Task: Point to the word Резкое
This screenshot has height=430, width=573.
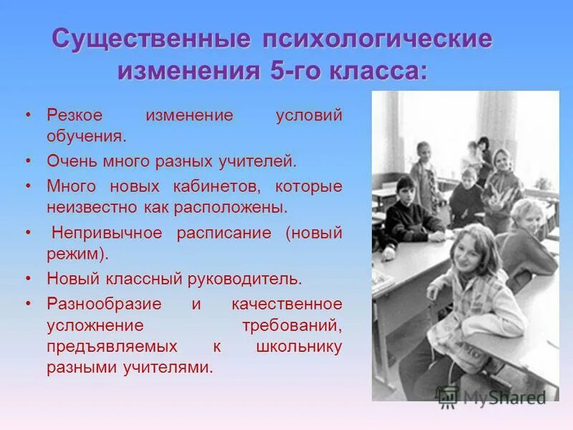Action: tap(75, 115)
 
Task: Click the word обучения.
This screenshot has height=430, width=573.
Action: tap(87, 135)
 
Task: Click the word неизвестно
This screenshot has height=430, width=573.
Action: tap(89, 207)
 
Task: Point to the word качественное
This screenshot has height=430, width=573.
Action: tap(286, 305)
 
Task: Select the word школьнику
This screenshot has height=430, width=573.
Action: tap(299, 346)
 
